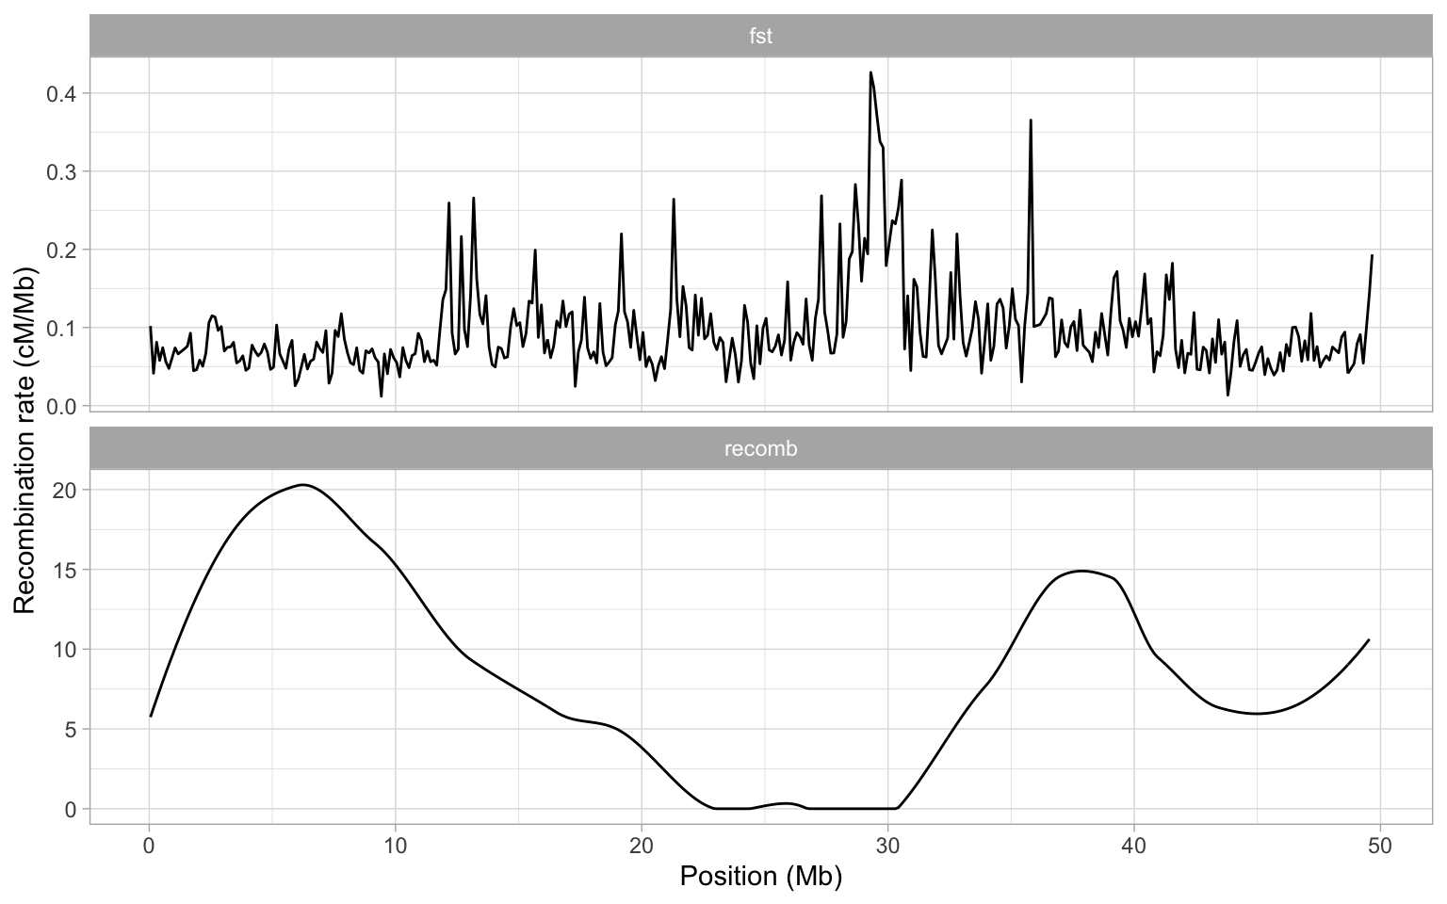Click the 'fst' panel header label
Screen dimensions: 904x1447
point(760,37)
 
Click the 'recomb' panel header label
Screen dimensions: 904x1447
point(760,449)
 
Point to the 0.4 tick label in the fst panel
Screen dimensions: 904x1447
point(62,93)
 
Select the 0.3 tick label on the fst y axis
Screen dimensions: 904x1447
point(62,171)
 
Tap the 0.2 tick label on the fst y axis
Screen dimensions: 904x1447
point(62,250)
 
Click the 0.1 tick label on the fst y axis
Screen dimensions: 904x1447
point(62,328)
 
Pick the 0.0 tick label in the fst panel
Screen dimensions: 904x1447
point(62,406)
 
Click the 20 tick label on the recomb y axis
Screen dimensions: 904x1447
point(66,490)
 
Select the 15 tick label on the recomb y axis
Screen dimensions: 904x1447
point(66,570)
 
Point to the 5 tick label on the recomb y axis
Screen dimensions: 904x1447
point(72,729)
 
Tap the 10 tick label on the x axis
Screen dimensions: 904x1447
point(395,844)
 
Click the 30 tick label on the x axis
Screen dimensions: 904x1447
point(887,844)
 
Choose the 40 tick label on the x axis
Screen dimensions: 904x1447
point(1133,844)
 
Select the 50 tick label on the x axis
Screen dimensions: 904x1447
point(1379,844)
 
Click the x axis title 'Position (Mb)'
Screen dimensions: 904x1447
point(760,877)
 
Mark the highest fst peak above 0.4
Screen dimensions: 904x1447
point(870,73)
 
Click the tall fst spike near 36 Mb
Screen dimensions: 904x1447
point(1031,121)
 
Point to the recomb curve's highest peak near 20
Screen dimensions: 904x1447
point(302,485)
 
